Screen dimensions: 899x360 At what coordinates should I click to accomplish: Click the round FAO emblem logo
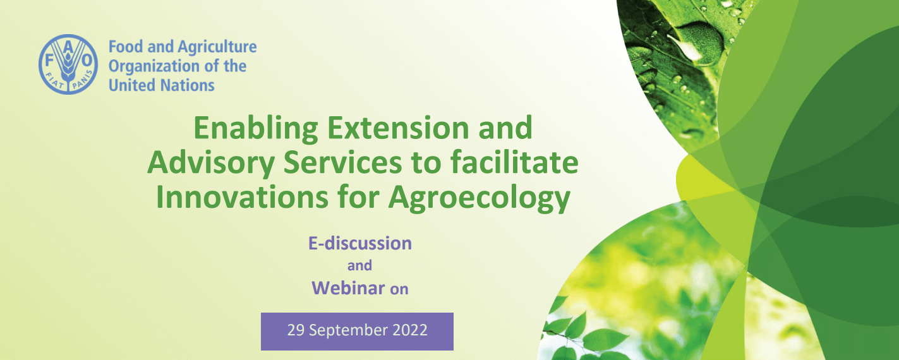pyautogui.click(x=68, y=64)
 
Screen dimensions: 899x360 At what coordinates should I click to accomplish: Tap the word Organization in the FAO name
pyautogui.click(x=154, y=67)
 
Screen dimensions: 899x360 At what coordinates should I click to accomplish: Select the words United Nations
pyautogui.click(x=161, y=85)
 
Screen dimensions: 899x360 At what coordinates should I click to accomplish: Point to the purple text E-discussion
pyautogui.click(x=360, y=243)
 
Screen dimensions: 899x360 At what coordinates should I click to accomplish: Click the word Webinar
pyautogui.click(x=348, y=288)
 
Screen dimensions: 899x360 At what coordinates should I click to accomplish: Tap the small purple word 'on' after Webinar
pyautogui.click(x=399, y=289)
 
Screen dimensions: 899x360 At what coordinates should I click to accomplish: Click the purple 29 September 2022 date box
pyautogui.click(x=357, y=332)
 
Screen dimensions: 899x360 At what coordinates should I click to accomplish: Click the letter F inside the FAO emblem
pyautogui.click(x=49, y=61)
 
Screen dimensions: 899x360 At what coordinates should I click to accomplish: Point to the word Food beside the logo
pyautogui.click(x=126, y=47)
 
